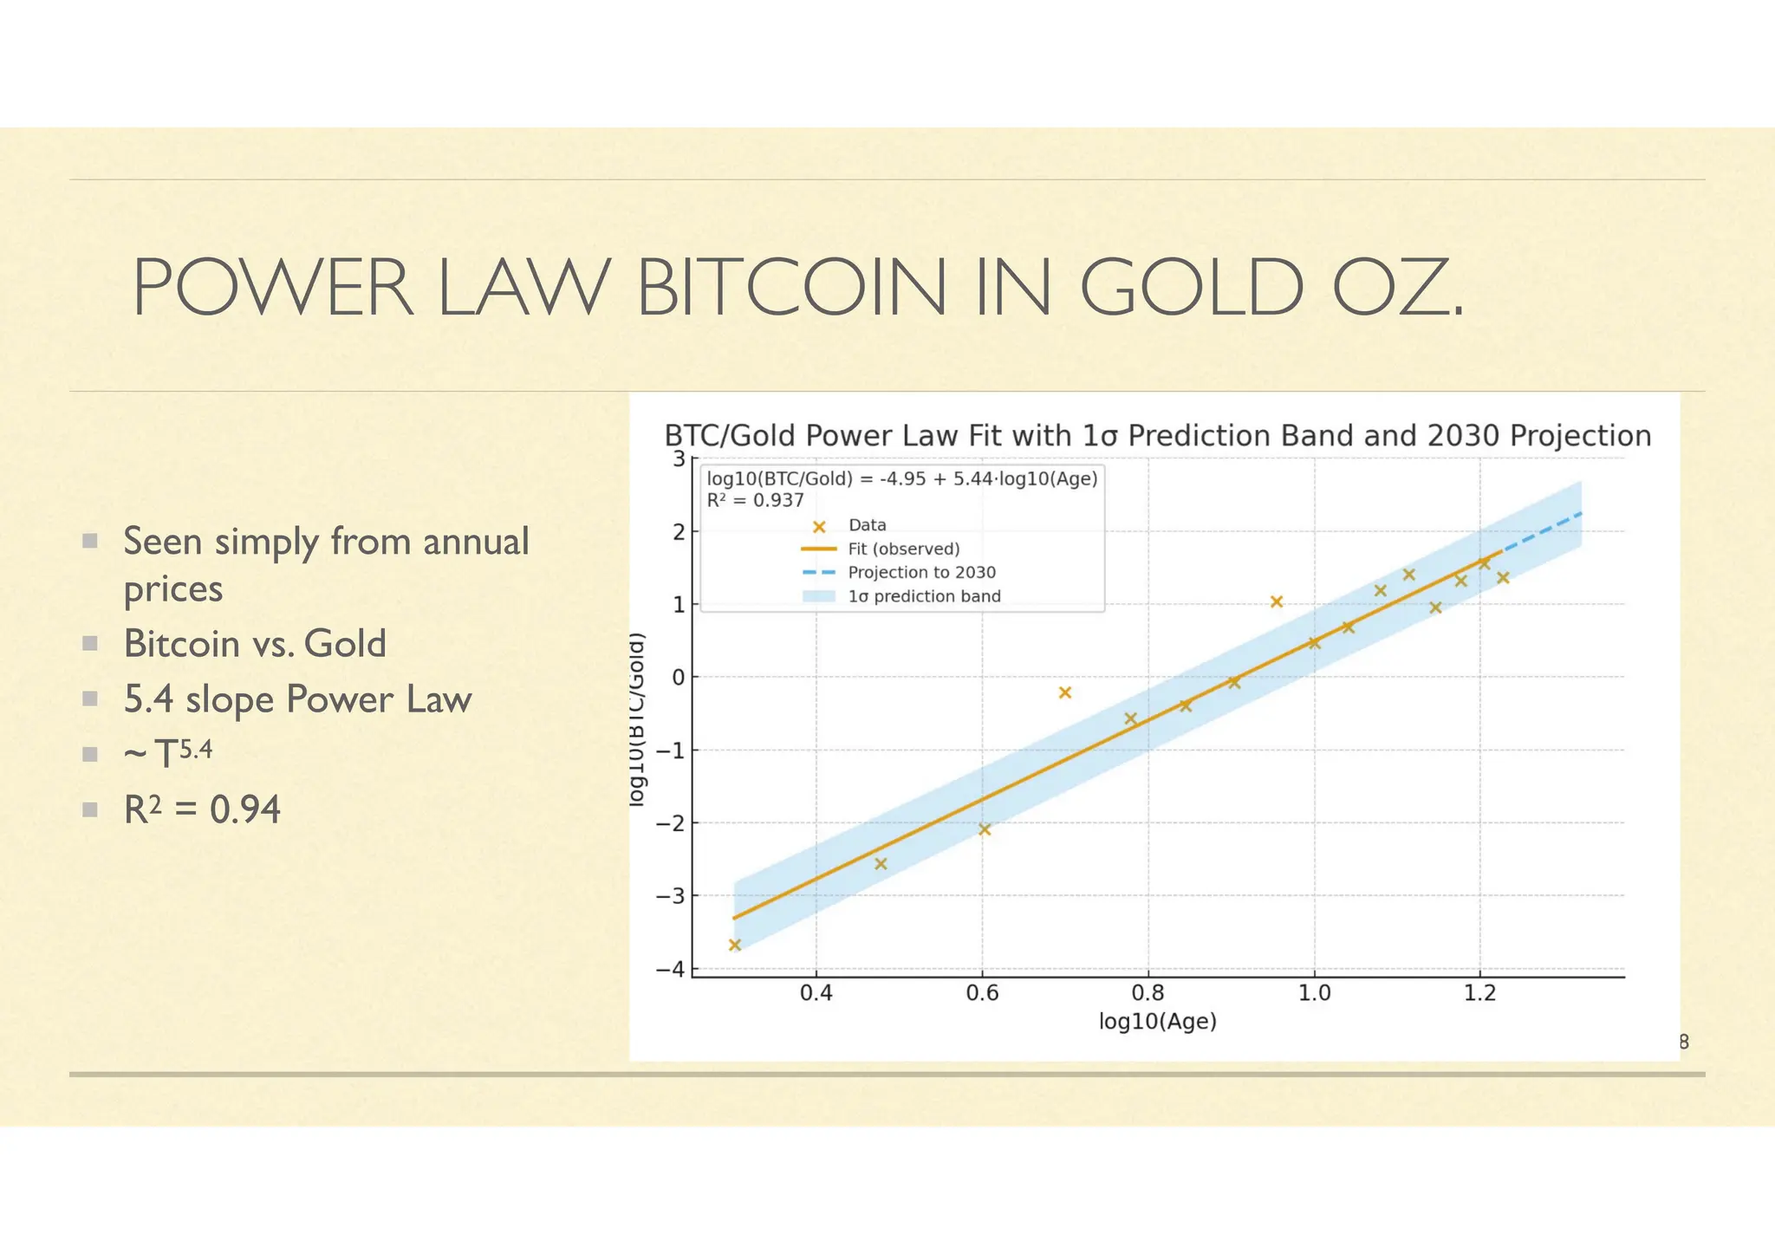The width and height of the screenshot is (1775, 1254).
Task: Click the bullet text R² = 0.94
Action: coord(202,810)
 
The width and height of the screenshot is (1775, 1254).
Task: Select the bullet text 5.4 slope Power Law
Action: coord(297,699)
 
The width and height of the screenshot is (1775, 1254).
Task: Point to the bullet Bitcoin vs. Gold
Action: coord(255,644)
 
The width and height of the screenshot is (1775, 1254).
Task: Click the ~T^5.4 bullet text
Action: coord(168,752)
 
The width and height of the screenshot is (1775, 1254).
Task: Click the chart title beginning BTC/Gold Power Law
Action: coord(1157,435)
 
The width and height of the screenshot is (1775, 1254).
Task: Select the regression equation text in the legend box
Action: coord(902,478)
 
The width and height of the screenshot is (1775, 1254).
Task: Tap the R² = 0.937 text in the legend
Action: coord(756,500)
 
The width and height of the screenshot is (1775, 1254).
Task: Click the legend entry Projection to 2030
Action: coord(921,572)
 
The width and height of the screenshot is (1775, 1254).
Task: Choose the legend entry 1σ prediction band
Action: coord(924,596)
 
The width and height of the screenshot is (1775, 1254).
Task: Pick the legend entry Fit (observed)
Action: coord(903,549)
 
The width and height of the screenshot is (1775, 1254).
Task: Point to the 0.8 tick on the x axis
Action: coord(1148,993)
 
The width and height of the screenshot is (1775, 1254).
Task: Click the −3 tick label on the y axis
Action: coord(671,895)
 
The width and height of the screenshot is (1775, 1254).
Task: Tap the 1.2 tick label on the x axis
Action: coord(1479,993)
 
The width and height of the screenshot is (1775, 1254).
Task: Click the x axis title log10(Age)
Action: coord(1157,1022)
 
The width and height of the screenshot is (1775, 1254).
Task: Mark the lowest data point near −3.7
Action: coord(735,945)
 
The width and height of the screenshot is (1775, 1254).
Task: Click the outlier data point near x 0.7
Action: coord(1065,692)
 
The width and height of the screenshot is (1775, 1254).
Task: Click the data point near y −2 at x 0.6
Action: coord(985,829)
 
